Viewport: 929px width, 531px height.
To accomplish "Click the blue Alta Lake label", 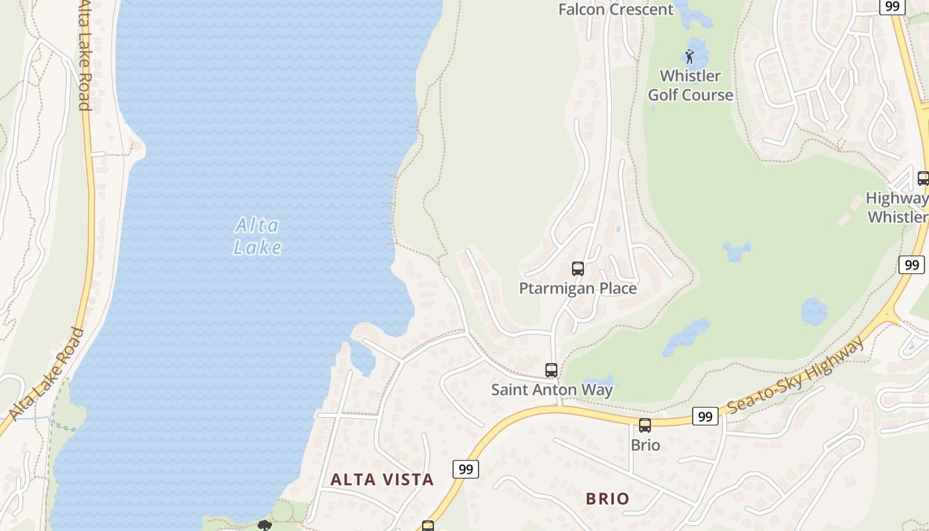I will pos(257,236).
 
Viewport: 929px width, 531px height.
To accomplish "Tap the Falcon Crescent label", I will pos(616,9).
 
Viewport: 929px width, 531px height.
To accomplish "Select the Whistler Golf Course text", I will pos(690,85).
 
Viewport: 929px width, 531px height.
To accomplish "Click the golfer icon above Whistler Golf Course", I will pos(689,56).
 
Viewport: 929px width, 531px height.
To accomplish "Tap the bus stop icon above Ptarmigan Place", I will pos(578,269).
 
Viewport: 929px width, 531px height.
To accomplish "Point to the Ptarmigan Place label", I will pos(577,288).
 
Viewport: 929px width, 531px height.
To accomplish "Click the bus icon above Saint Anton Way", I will pos(551,370).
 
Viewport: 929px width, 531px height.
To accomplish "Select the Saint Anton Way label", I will pos(551,390).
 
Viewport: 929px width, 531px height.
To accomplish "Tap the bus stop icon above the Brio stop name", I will pos(645,425).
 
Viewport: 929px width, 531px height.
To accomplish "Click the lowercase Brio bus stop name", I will pos(645,445).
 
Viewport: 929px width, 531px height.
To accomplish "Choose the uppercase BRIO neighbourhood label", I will pos(607,498).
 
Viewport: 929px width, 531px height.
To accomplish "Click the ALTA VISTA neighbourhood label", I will pos(382,479).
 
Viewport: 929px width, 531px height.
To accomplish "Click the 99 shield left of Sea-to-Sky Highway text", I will pos(705,416).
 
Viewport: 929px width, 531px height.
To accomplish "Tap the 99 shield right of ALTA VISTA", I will pos(466,469).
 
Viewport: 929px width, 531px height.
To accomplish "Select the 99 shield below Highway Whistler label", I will pos(912,265).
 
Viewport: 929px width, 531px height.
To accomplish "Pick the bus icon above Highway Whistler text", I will pos(922,179).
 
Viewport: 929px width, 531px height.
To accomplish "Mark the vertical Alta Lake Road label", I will pos(84,54).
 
